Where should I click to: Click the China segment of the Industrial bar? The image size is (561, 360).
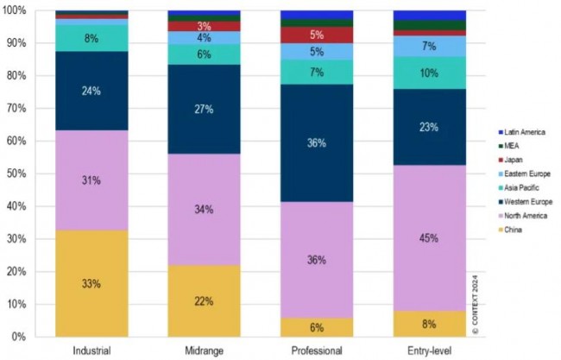[91, 282]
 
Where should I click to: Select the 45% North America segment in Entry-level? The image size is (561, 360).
[430, 237]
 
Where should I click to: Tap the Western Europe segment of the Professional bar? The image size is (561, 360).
[317, 142]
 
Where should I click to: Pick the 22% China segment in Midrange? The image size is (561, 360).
[205, 300]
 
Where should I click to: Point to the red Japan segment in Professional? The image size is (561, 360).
[317, 35]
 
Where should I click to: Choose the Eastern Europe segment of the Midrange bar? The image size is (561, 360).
[205, 38]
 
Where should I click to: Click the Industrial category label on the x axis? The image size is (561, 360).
[91, 350]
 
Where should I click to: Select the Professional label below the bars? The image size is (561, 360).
[317, 350]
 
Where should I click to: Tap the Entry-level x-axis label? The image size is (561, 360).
[430, 350]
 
